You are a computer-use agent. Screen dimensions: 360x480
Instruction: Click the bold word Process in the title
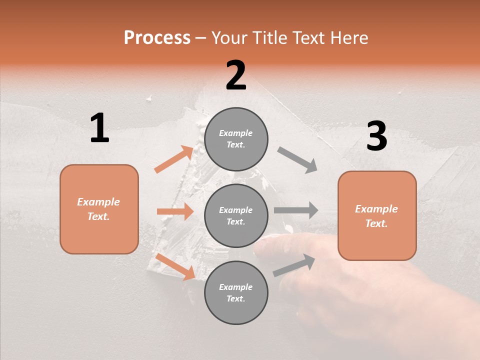coord(157,38)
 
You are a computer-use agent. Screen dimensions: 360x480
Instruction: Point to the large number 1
coord(99,128)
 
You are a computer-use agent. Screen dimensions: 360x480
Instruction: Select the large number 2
coord(236,75)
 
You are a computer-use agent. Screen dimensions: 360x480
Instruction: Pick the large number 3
coord(376,137)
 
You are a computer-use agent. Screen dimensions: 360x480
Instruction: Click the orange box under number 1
coord(99,209)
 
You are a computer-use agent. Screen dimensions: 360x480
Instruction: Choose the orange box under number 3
coord(377,216)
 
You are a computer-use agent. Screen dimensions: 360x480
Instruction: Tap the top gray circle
coord(236,138)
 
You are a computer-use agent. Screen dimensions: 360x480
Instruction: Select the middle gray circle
coord(236,215)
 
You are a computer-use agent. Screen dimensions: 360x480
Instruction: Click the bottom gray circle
coord(236,292)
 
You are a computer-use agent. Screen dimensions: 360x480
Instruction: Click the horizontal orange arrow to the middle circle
coord(175,211)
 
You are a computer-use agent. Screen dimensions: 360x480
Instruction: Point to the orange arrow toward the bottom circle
coord(175,266)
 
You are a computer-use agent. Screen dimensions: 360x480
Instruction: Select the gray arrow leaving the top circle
coord(297,160)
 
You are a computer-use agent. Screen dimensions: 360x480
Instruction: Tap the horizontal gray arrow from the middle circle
coord(296,210)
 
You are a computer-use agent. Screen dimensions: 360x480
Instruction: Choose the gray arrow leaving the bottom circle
coord(294,265)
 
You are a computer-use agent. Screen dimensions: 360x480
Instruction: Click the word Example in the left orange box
coord(98,202)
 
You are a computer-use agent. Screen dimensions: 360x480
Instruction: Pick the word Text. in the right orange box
coord(376,223)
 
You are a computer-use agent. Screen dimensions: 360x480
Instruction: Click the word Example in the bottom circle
coord(236,287)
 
